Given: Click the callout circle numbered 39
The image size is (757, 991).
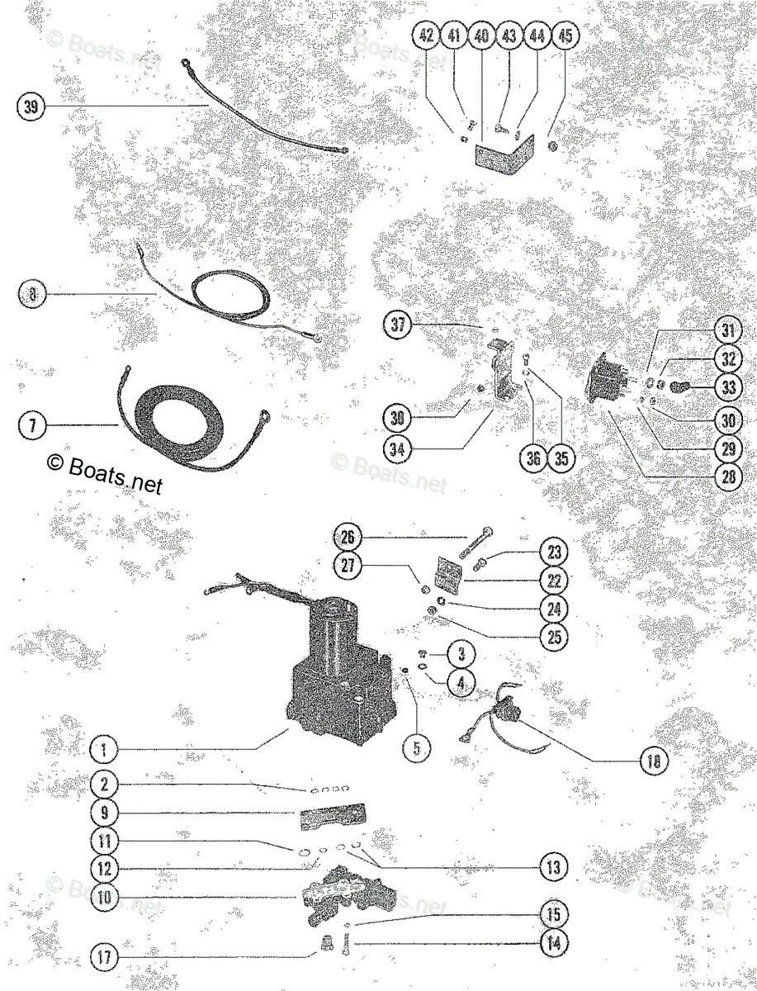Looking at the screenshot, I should coord(31,107).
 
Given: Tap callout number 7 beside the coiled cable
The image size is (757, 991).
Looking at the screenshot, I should coord(31,426).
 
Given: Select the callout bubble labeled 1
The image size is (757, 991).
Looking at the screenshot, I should coord(104,751).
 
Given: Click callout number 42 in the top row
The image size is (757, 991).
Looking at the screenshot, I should coord(426,36).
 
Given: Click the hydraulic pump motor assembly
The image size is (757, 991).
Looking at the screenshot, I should coord(338,669).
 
